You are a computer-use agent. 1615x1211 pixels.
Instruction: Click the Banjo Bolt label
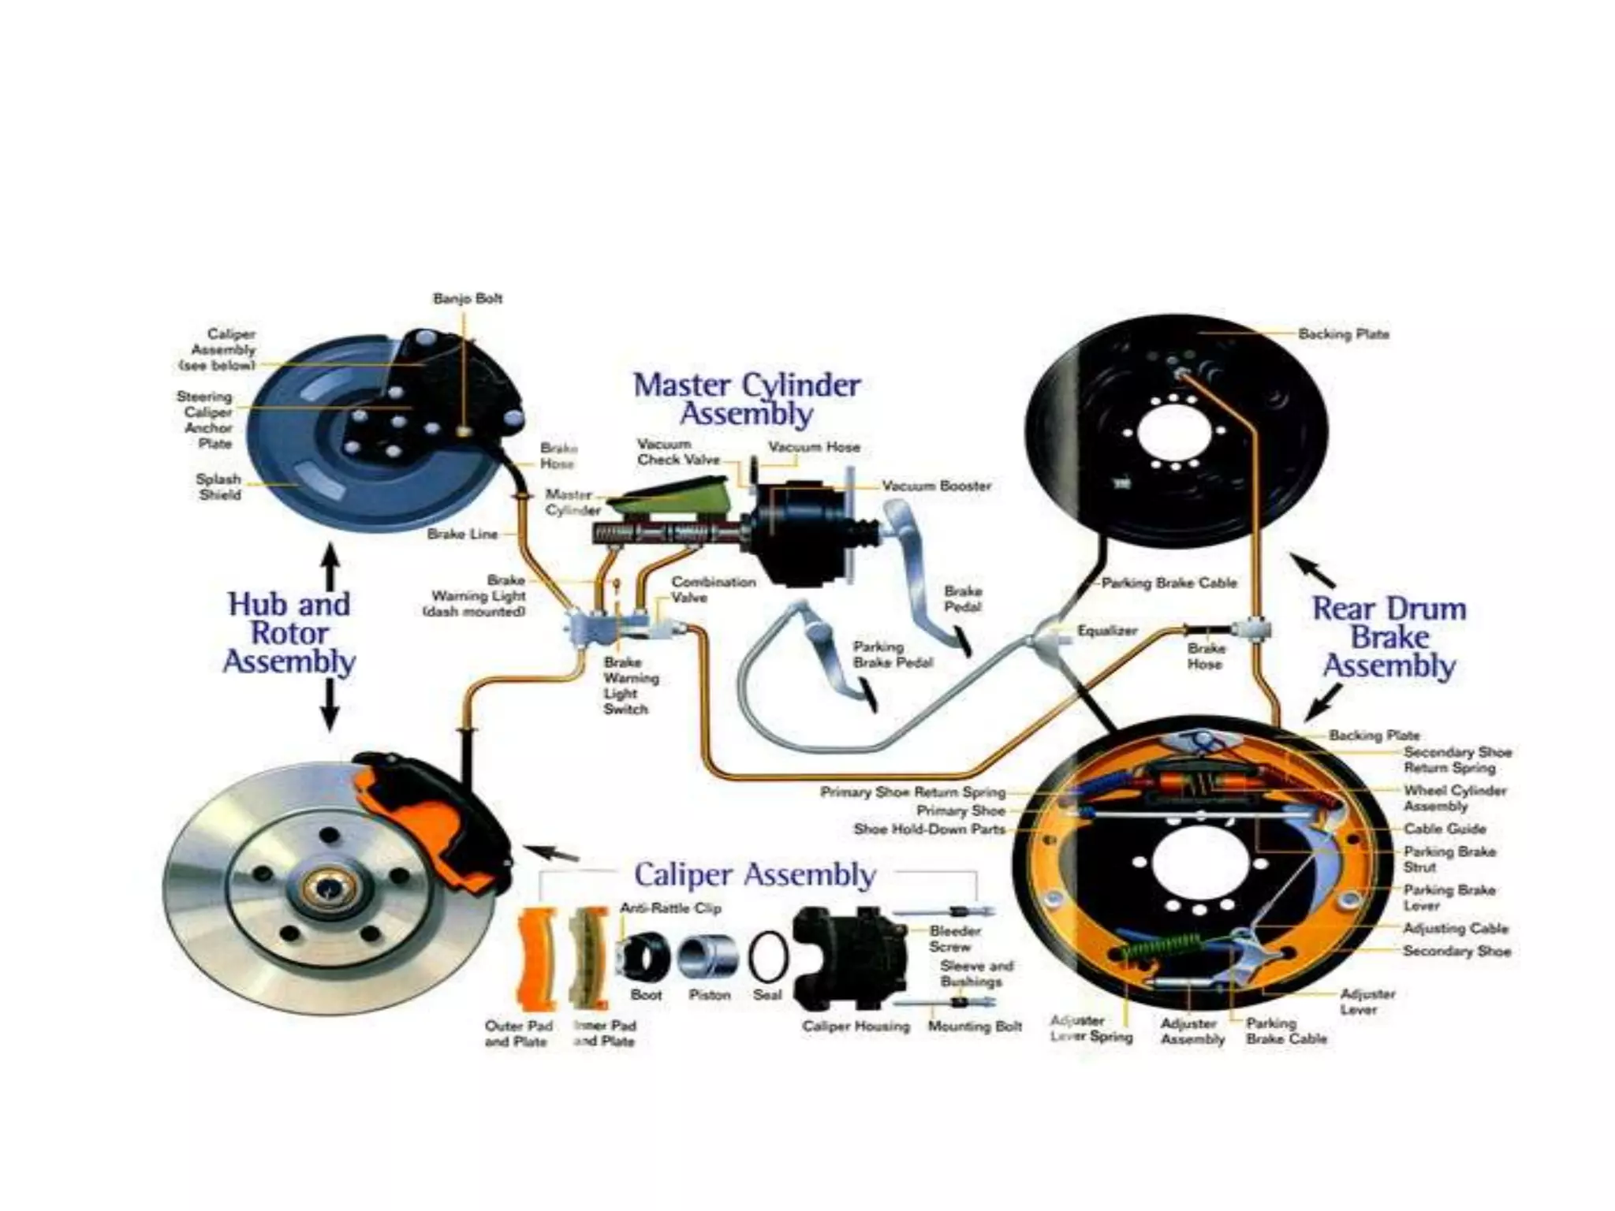[467, 299]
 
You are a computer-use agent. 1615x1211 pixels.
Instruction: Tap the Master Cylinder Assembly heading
[746, 399]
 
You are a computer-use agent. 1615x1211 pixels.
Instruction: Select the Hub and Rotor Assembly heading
[289, 633]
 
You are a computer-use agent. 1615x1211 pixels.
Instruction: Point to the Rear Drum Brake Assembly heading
[1389, 637]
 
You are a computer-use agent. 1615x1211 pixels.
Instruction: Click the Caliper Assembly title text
[755, 874]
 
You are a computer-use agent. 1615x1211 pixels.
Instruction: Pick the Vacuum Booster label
[936, 486]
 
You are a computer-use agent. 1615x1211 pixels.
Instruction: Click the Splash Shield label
[218, 487]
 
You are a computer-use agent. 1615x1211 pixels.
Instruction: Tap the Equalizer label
[1107, 631]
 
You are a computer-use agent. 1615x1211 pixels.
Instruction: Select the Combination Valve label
[713, 590]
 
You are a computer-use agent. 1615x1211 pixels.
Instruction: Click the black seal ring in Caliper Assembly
[767, 956]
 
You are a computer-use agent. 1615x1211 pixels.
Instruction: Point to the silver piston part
[708, 956]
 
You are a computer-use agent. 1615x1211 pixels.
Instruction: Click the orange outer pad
[538, 959]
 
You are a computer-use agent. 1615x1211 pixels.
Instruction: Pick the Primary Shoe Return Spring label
[912, 792]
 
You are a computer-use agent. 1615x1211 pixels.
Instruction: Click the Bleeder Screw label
[954, 939]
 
